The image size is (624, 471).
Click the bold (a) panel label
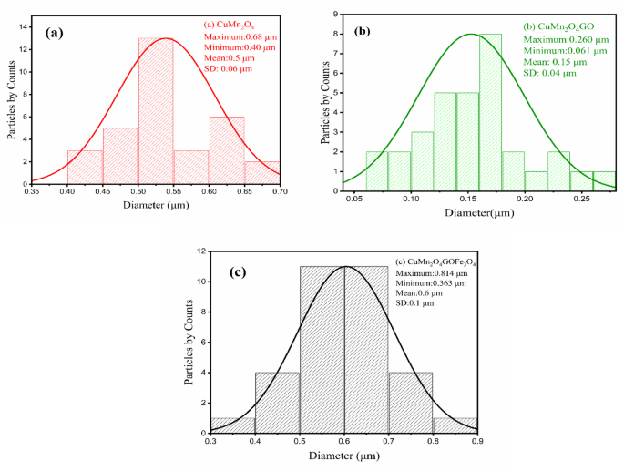pos(54,32)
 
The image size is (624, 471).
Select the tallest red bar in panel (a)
pos(156,109)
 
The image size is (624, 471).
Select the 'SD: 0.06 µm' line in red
pos(231,68)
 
